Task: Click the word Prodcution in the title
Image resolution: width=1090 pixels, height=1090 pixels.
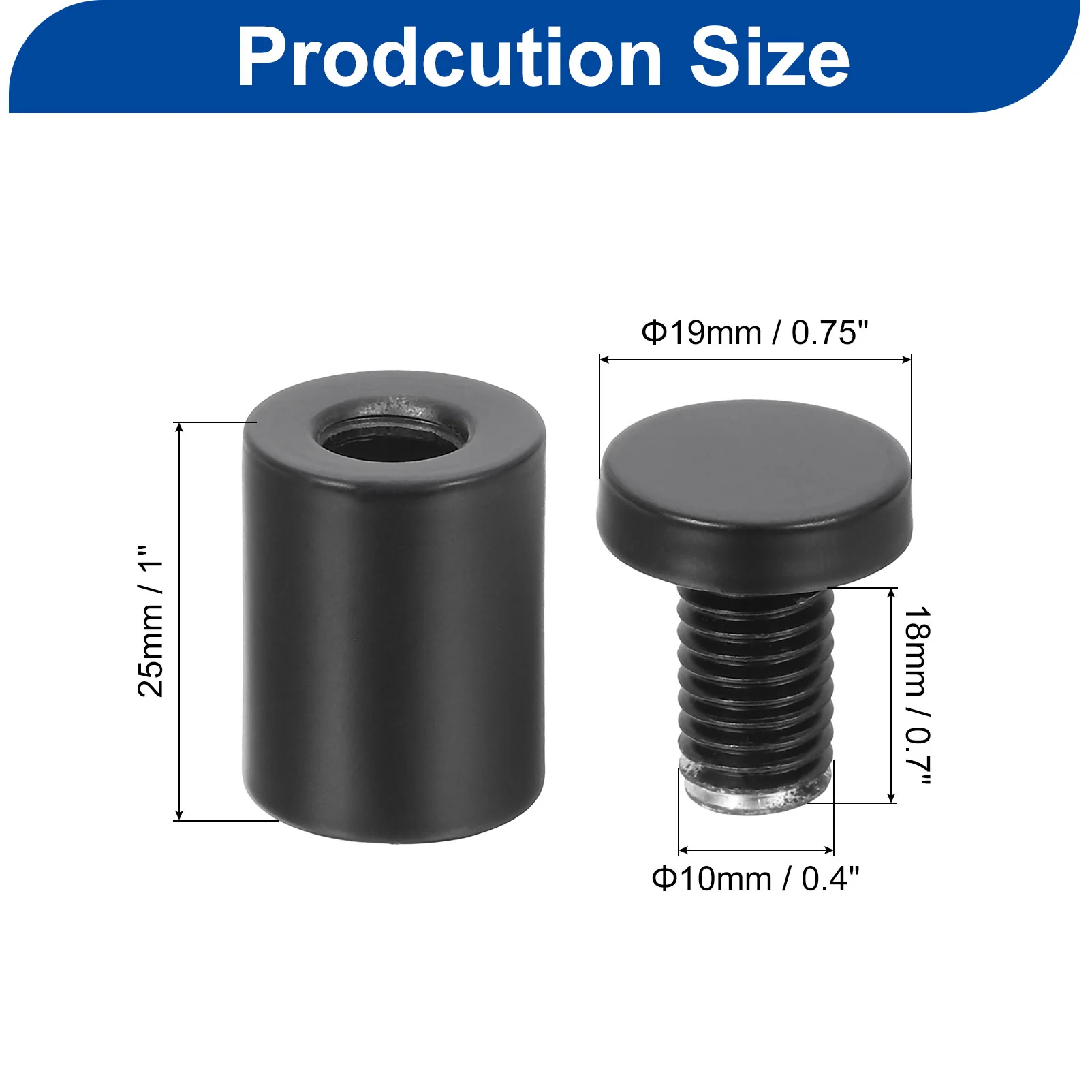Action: [450, 58]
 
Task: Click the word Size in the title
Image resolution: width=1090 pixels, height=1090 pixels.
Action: [770, 58]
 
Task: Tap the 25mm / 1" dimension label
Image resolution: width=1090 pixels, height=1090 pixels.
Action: [151, 621]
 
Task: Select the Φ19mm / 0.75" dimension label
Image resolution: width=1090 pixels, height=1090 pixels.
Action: [755, 333]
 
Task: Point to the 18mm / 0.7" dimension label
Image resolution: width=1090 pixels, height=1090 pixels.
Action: [916, 695]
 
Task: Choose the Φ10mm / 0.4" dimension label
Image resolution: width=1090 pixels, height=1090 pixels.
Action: [756, 879]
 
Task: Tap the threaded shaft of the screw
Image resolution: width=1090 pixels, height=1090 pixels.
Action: [756, 674]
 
